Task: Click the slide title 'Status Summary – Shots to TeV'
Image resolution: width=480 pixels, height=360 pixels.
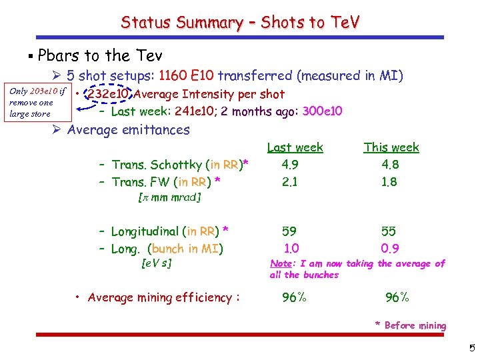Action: (240, 22)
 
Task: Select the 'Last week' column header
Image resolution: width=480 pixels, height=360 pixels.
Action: (295, 147)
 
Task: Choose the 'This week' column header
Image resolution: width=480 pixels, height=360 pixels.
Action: (391, 147)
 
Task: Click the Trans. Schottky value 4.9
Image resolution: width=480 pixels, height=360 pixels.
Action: (290, 164)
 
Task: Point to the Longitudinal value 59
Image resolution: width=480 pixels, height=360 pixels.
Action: (289, 231)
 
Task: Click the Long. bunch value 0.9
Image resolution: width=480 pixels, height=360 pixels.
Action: (390, 249)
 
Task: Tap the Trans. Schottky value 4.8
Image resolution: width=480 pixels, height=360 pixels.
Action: (389, 164)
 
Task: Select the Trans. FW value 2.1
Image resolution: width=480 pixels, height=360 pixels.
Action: (290, 181)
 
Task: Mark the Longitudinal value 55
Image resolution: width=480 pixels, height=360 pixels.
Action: (389, 231)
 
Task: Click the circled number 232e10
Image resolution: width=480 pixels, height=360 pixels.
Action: (106, 95)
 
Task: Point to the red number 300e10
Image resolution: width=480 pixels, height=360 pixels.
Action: (322, 111)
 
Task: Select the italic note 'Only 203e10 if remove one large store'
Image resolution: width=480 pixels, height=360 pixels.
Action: (37, 102)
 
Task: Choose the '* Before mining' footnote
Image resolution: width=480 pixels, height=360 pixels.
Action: (410, 325)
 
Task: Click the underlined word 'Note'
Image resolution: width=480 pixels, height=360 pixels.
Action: (280, 264)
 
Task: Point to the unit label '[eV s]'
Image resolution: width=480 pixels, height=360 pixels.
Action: (157, 263)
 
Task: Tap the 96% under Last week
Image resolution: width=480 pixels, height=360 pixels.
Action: (293, 298)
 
